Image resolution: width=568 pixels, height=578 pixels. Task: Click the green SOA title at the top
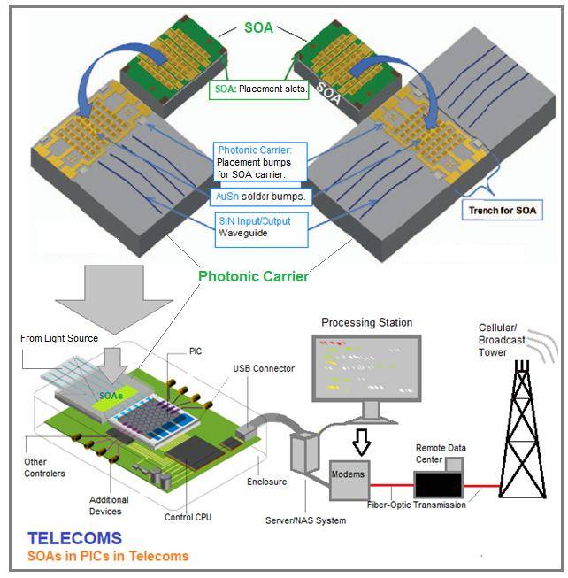click(x=259, y=28)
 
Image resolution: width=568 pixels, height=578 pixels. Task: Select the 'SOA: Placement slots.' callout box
click(x=260, y=90)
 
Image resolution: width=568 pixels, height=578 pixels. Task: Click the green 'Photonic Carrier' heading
click(x=253, y=276)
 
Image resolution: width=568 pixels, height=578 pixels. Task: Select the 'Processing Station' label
click(x=366, y=322)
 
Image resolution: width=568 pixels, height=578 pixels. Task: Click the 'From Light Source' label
click(x=60, y=338)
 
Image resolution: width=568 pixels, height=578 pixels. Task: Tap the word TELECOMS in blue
click(x=75, y=538)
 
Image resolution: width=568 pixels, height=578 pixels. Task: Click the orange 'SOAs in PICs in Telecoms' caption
click(x=109, y=556)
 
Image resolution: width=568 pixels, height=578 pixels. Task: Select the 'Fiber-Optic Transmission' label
click(x=415, y=505)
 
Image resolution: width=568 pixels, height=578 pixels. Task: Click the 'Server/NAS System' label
click(x=308, y=520)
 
